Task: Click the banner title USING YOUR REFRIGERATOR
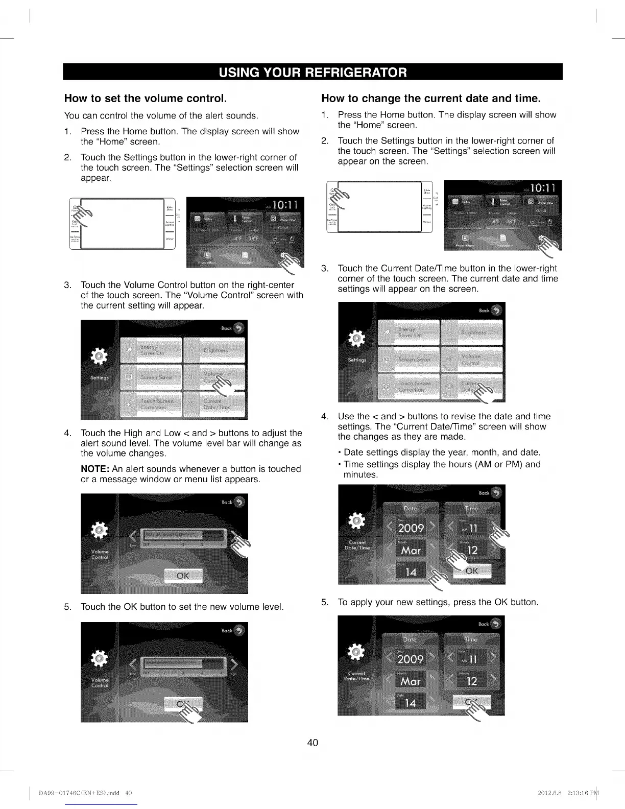pos(312,72)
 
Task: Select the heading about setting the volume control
pos(145,98)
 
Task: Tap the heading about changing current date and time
pos(430,98)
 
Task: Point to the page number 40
pos(312,743)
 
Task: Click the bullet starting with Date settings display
pos(442,453)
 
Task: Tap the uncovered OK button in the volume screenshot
pos(183,576)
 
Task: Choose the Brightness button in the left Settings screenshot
pos(214,350)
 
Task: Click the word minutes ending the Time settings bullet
pos(360,475)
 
